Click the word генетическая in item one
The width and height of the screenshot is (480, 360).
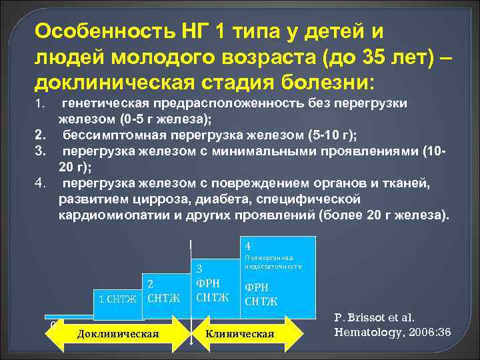pos(107,104)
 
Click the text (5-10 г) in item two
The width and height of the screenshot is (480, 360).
pos(329,136)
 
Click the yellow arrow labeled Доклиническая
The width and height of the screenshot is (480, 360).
pos(117,333)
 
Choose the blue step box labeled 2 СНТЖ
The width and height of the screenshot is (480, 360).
pos(164,290)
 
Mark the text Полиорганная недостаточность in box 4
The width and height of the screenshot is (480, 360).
pos(273,261)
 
